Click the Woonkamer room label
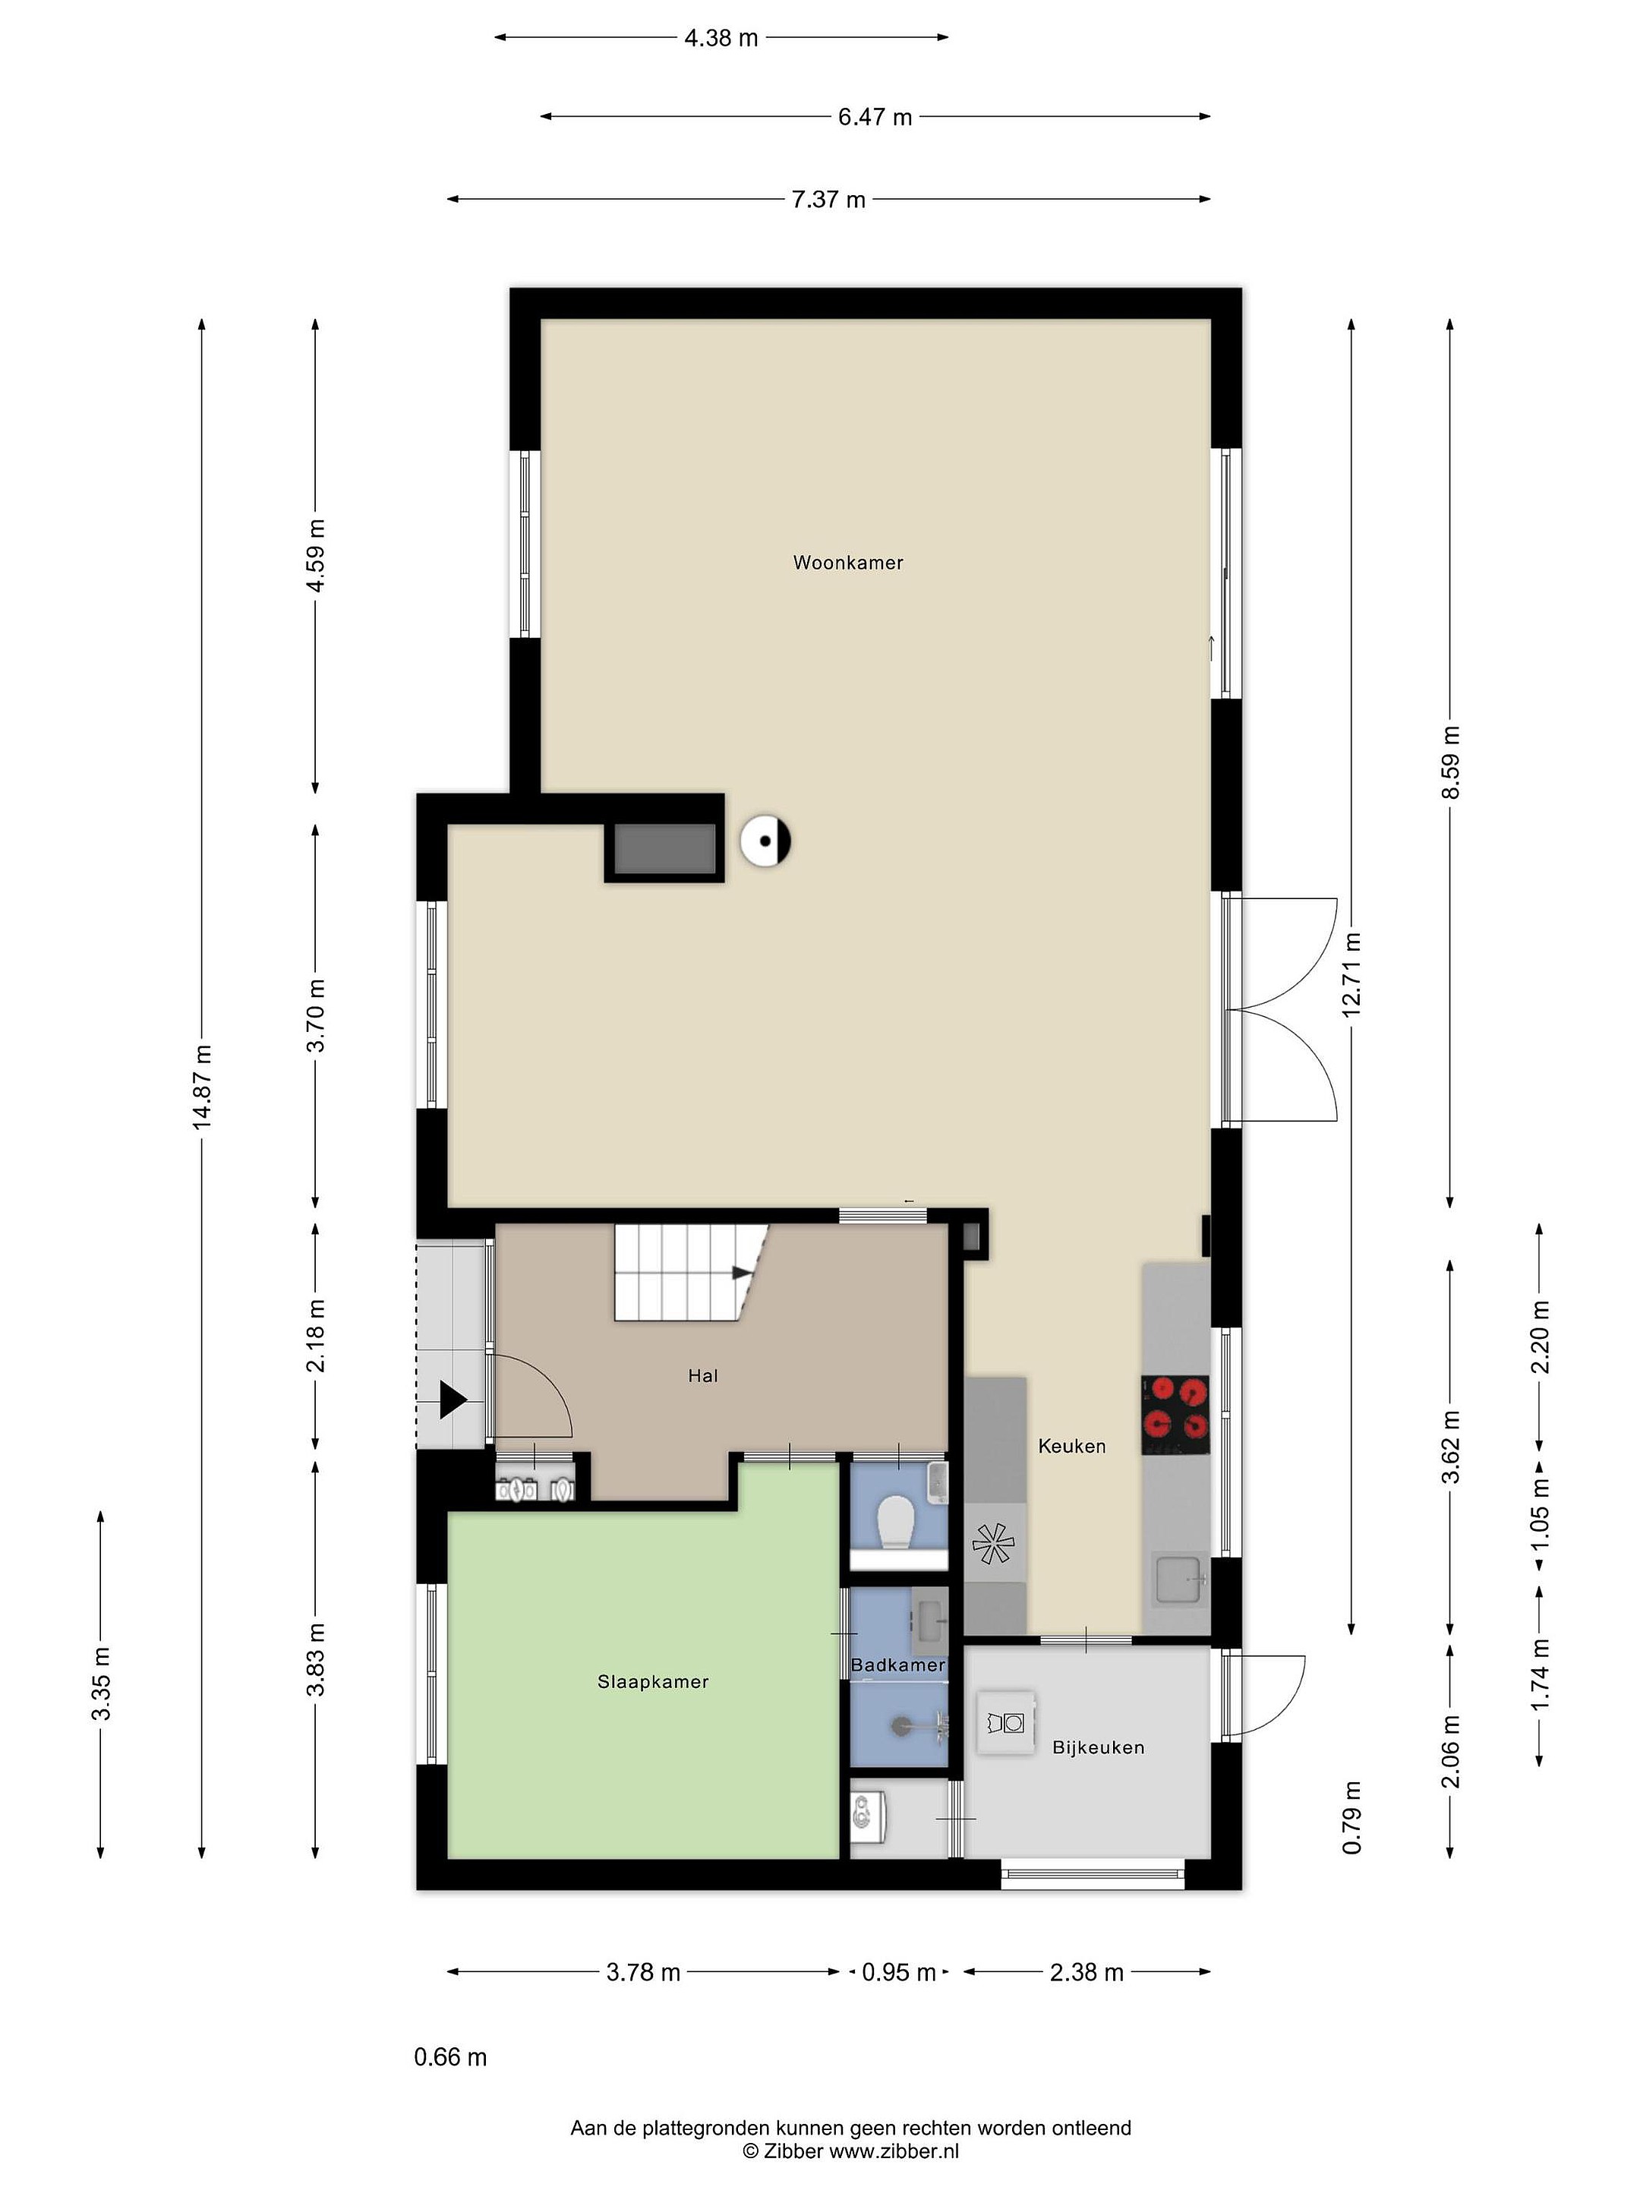click(x=847, y=563)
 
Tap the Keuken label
click(x=1071, y=1446)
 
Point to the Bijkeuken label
click(x=1099, y=1747)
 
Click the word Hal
click(x=703, y=1375)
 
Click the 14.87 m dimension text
click(x=203, y=1087)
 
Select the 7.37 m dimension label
click(x=828, y=200)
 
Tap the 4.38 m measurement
click(x=721, y=37)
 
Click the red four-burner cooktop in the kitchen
click(x=1175, y=1414)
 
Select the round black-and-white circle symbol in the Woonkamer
click(x=766, y=841)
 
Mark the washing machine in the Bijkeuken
click(x=1006, y=1723)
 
